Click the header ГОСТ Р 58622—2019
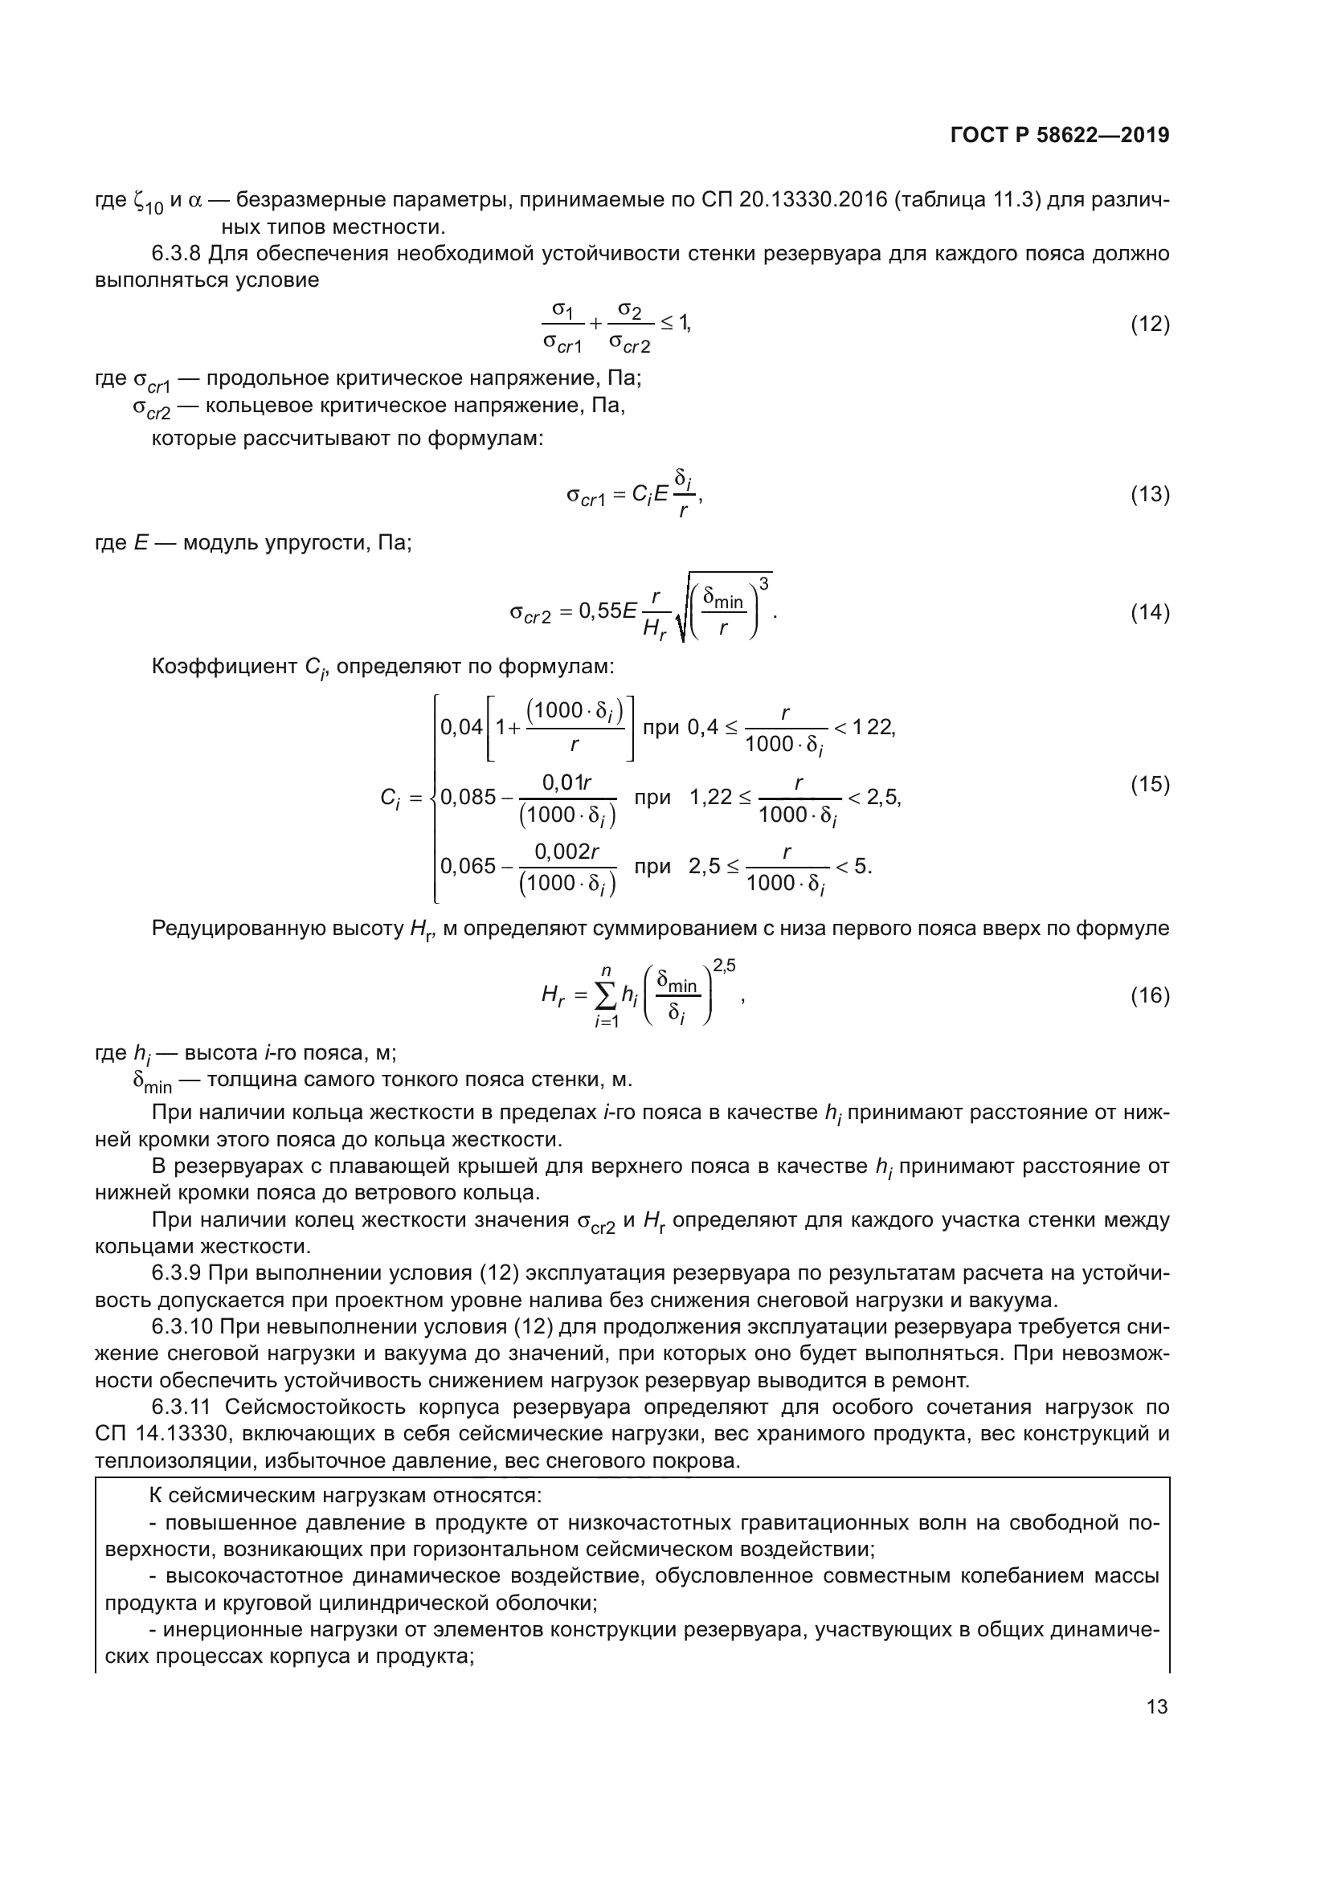tap(1060, 136)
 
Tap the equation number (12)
tap(1150, 324)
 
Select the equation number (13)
tap(1150, 494)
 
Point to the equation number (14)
tap(1150, 613)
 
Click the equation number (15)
tap(1150, 784)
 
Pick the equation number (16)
tap(1150, 995)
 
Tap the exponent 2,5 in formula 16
tap(724, 966)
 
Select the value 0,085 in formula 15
tap(468, 796)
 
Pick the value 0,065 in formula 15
tap(468, 866)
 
